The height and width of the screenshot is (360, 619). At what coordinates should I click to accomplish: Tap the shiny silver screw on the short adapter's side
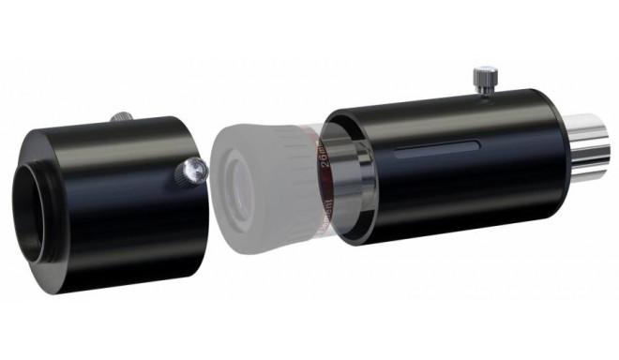(193, 170)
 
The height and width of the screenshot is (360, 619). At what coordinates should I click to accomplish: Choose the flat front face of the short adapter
(42, 150)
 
